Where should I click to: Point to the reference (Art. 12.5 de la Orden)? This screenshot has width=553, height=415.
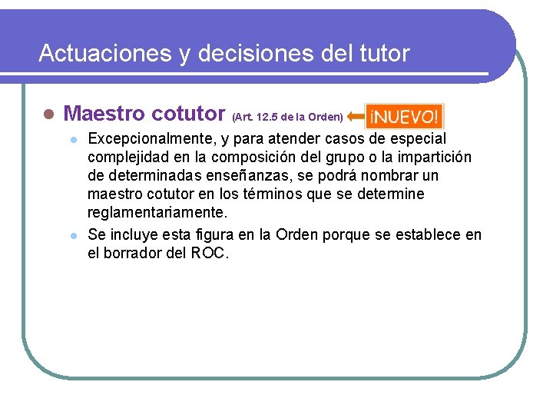click(287, 118)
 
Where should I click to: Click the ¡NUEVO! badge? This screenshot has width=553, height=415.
click(404, 117)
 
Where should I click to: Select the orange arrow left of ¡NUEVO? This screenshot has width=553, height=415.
click(356, 117)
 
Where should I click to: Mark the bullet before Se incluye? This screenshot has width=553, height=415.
click(73, 234)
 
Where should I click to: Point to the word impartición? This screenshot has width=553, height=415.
click(435, 158)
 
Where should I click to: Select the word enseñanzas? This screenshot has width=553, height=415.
click(235, 176)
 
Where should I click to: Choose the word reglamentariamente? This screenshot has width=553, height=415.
click(158, 213)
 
